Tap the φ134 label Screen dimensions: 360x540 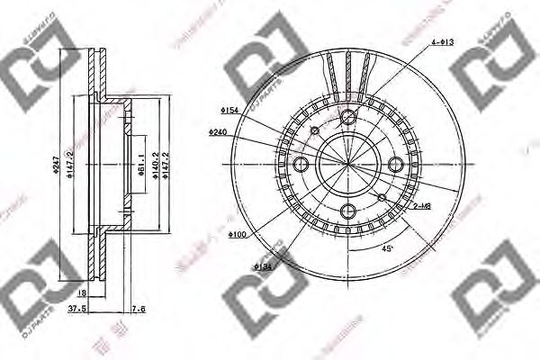[x=263, y=266]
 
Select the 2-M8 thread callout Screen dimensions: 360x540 [x=420, y=206]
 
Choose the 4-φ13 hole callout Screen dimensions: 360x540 [x=442, y=42]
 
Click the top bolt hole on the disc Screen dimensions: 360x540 [x=350, y=115]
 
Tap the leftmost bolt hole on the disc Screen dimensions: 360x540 [x=301, y=165]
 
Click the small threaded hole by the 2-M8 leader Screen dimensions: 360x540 [x=382, y=198]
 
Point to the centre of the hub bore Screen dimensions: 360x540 [x=350, y=165]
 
